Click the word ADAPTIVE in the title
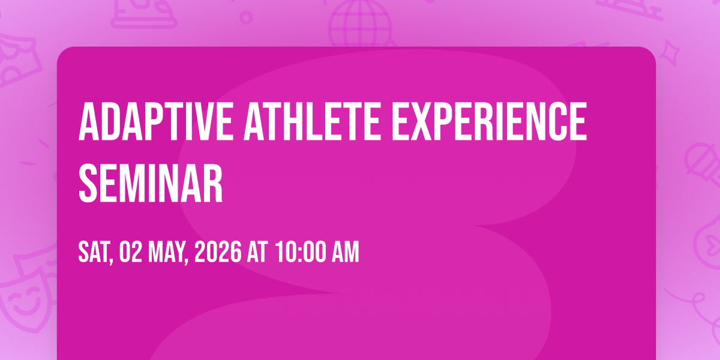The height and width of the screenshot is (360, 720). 155,121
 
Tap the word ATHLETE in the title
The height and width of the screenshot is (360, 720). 312,121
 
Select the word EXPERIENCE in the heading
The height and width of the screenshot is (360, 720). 490,121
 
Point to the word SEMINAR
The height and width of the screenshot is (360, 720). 151,183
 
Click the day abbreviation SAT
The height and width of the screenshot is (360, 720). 95,253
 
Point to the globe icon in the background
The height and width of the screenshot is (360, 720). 361,23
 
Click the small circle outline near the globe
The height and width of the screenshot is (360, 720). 246,17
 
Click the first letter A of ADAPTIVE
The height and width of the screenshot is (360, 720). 88,121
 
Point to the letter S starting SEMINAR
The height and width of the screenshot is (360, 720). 88,183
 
